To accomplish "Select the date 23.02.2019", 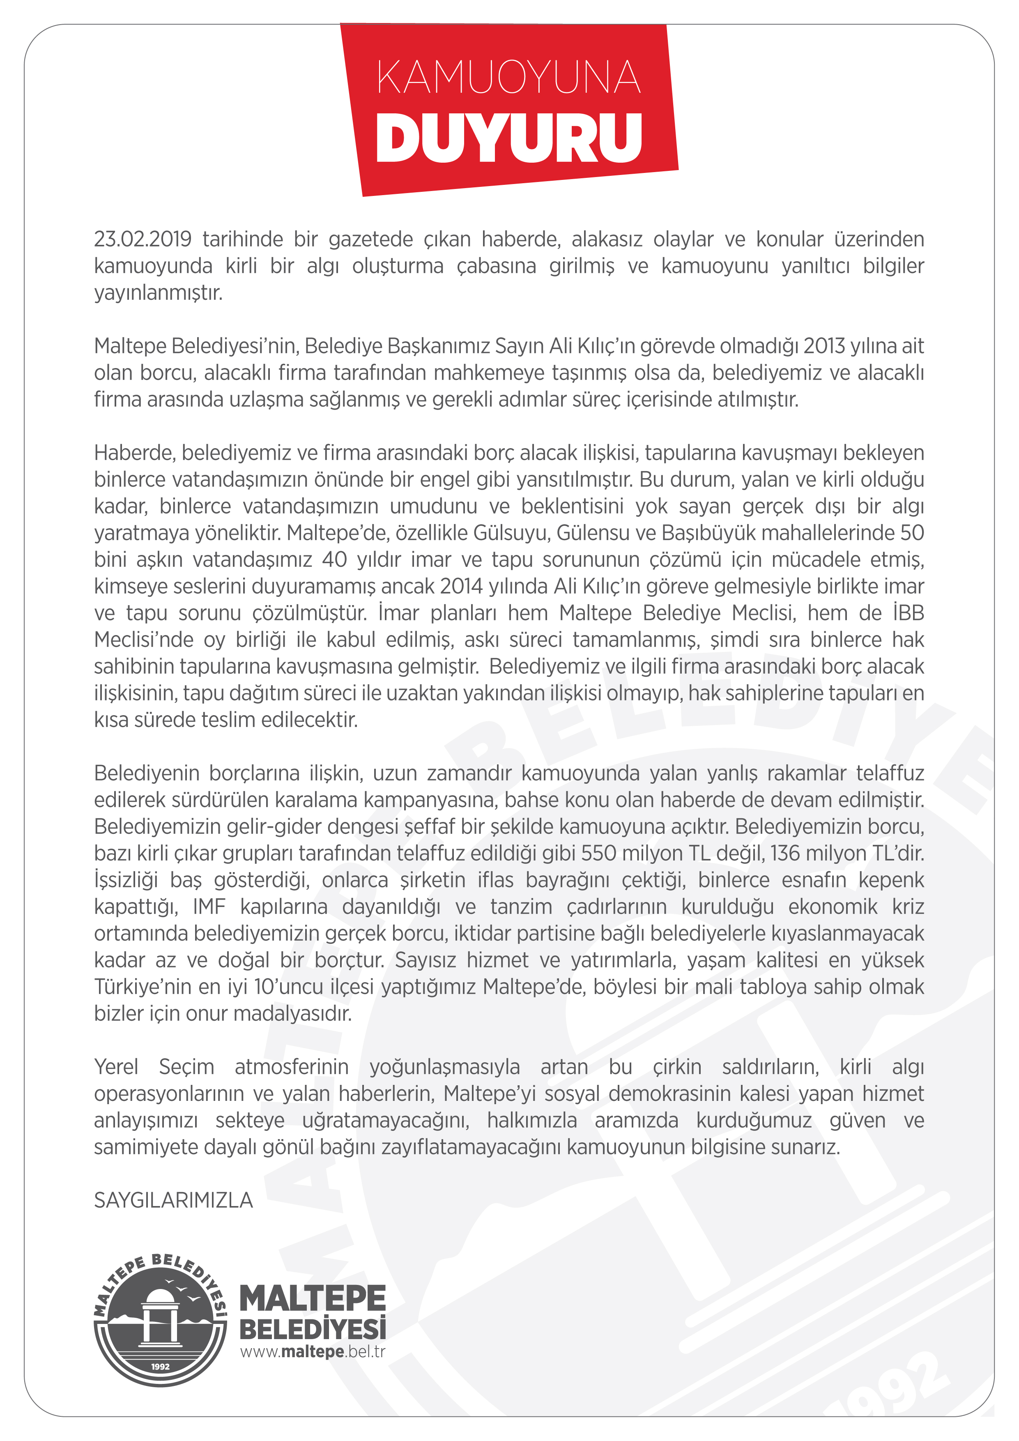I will [x=143, y=239].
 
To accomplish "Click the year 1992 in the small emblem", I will [x=160, y=1366].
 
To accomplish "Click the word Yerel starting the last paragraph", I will [x=116, y=1066].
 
